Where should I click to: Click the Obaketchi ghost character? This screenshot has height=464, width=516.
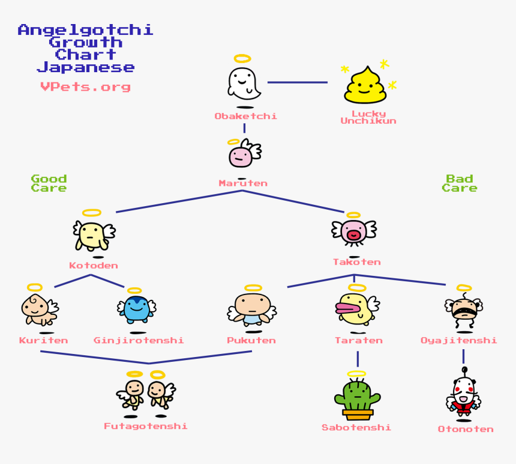[x=243, y=83]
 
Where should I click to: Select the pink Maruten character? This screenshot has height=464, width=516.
[x=241, y=156]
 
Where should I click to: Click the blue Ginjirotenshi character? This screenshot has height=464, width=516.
[x=137, y=309]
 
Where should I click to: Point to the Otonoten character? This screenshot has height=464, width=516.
[x=463, y=395]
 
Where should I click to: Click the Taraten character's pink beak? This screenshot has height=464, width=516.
[x=347, y=310]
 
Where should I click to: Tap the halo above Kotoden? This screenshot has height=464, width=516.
[x=92, y=213]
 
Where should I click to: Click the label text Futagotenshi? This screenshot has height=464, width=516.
[x=145, y=426]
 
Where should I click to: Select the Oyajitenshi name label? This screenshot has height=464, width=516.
[x=458, y=340]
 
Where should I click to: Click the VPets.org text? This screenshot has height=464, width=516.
[x=85, y=87]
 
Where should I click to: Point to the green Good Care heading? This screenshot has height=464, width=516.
[x=49, y=183]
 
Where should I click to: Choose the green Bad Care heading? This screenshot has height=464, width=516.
[x=460, y=183]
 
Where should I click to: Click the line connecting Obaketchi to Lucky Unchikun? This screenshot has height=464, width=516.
[x=297, y=82]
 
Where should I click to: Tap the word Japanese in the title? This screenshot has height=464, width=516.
[x=85, y=67]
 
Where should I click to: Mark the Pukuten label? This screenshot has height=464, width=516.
[x=251, y=340]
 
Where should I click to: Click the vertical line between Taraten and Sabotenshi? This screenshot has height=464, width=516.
[x=358, y=359]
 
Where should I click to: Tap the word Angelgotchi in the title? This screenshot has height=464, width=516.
[x=85, y=29]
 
